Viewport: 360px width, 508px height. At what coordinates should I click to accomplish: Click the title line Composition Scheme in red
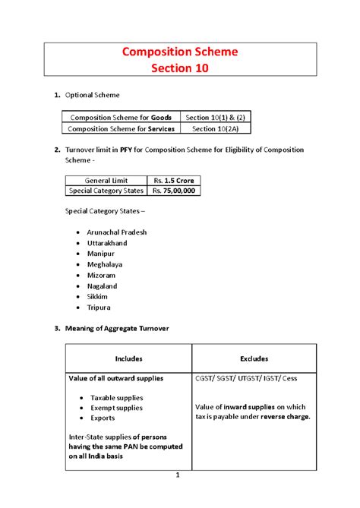[181, 52]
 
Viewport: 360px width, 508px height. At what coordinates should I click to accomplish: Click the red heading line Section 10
[181, 69]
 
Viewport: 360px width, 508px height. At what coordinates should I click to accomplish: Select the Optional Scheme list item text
[93, 96]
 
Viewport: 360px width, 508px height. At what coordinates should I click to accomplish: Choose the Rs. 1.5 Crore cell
[173, 180]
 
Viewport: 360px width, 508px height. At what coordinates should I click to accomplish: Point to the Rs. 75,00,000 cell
[173, 191]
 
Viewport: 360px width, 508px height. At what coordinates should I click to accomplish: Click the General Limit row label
[105, 180]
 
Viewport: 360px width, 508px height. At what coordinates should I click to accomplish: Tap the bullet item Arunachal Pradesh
[117, 232]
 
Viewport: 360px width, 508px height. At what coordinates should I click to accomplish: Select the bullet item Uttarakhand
[107, 243]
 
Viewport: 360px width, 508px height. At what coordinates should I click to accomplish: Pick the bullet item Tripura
[99, 308]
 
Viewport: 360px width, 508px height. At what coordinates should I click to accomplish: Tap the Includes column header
[128, 358]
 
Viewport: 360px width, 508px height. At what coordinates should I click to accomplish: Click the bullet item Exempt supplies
[116, 408]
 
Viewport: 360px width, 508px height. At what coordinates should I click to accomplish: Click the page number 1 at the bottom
[176, 475]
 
